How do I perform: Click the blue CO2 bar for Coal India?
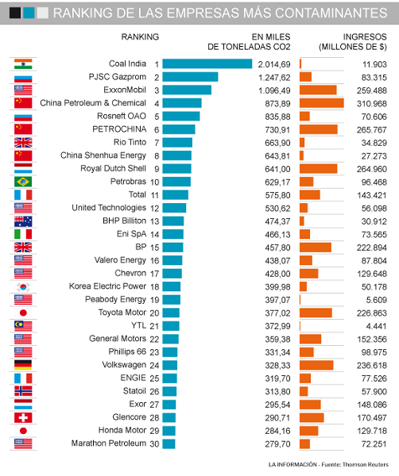(x=207, y=63)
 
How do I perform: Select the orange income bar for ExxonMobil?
(x=318, y=90)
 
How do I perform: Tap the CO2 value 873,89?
(x=277, y=103)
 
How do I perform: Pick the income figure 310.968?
(x=372, y=103)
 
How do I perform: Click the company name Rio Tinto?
(x=130, y=142)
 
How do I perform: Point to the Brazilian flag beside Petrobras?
(x=23, y=182)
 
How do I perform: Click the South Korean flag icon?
(x=23, y=286)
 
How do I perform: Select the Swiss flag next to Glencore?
(x=23, y=417)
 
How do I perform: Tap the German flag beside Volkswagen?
(x=23, y=365)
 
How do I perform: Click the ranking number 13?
(x=154, y=221)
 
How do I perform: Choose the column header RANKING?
(x=140, y=36)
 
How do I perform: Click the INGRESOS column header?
(x=365, y=36)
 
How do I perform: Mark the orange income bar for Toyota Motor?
(x=316, y=313)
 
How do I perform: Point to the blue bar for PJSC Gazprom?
(x=190, y=77)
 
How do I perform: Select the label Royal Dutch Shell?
(x=113, y=168)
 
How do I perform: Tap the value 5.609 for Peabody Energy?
(x=376, y=300)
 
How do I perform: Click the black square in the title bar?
(x=15, y=13)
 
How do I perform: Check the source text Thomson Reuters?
(x=366, y=464)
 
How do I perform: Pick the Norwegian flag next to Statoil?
(x=23, y=391)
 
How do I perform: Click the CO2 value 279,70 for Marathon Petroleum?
(x=277, y=443)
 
